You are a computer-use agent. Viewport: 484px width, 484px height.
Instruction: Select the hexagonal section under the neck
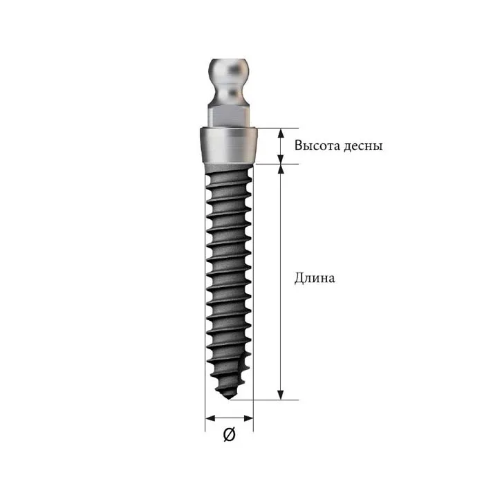click(228, 115)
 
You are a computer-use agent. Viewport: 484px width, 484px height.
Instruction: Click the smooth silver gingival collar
click(228, 145)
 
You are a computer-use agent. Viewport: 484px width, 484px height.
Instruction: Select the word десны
click(363, 147)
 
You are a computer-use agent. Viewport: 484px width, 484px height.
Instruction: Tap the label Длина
click(315, 278)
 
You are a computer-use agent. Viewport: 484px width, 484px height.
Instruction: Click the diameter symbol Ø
click(230, 434)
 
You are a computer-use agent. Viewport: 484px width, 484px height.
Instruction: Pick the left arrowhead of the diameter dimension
click(210, 418)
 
